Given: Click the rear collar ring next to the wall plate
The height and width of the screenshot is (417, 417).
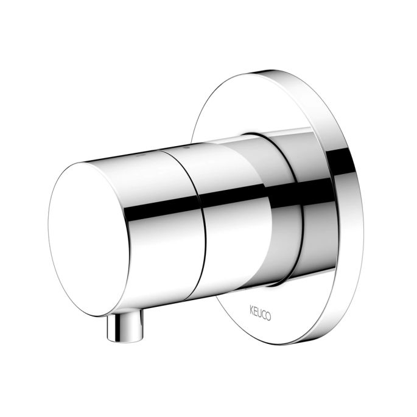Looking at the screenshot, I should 286,201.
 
